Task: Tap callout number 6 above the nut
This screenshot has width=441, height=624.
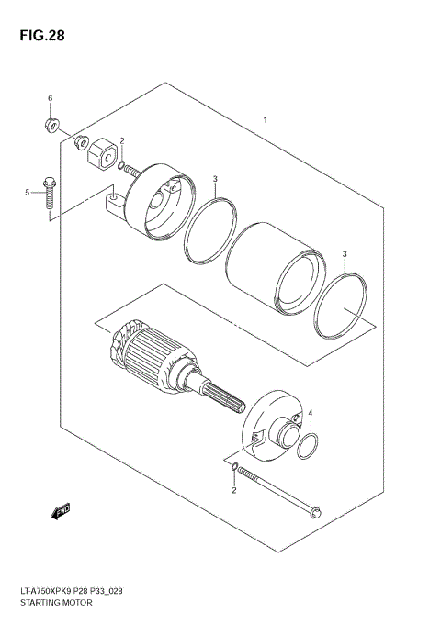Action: tap(51, 98)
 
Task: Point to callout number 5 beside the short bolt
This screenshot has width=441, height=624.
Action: tap(28, 192)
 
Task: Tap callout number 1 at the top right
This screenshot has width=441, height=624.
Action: tap(265, 120)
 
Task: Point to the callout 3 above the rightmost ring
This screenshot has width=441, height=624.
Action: tap(345, 253)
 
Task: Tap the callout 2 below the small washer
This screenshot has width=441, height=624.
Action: tap(233, 491)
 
